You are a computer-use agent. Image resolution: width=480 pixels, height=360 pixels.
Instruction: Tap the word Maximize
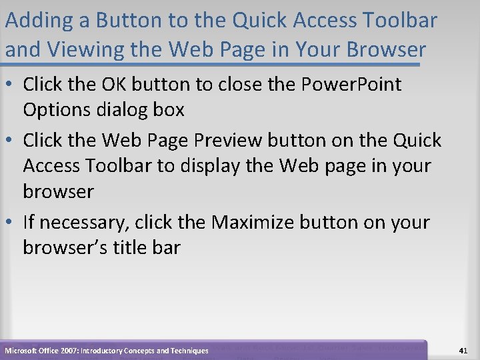(x=253, y=222)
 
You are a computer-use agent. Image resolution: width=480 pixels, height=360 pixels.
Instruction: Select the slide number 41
(x=463, y=350)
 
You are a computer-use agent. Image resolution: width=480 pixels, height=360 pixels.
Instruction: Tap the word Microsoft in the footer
(x=22, y=351)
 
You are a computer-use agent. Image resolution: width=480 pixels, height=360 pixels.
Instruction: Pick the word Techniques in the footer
(x=187, y=351)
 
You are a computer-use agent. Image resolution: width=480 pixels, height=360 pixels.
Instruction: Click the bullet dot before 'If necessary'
(x=11, y=223)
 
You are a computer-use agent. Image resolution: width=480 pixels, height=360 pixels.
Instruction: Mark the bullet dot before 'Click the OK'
(x=11, y=85)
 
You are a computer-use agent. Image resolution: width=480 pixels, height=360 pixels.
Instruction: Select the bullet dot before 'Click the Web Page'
(x=11, y=141)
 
